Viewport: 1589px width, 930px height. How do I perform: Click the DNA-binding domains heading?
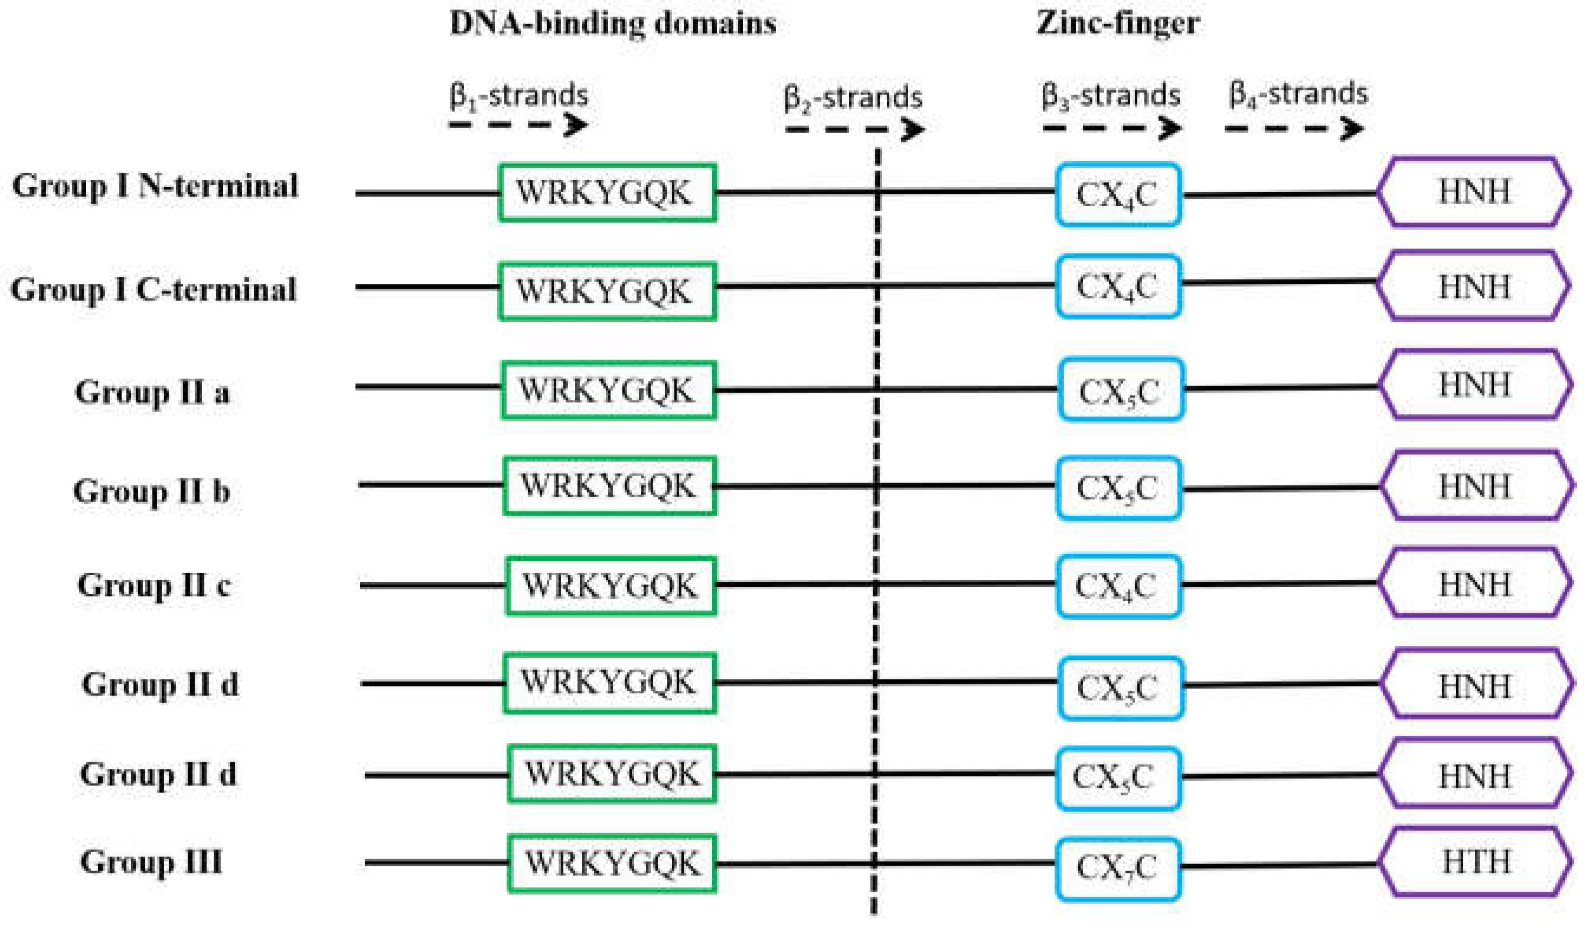click(x=612, y=24)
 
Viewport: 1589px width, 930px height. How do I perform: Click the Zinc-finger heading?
click(x=1117, y=24)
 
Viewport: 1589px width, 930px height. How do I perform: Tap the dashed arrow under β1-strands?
click(x=518, y=125)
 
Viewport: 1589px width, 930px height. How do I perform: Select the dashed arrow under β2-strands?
click(x=854, y=129)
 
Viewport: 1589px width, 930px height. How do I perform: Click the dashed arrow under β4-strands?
click(x=1294, y=129)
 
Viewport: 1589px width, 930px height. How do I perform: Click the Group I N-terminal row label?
click(x=155, y=187)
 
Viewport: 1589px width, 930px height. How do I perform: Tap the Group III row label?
click(x=151, y=862)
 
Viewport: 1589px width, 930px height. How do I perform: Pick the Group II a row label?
click(x=152, y=392)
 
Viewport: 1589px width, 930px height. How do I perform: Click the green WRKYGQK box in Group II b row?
click(x=609, y=486)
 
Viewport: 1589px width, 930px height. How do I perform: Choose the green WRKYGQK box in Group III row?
click(x=612, y=863)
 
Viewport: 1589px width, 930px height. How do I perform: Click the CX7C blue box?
click(x=1117, y=868)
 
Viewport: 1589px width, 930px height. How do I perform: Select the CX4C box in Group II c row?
click(x=1117, y=586)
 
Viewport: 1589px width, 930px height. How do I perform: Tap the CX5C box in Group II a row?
click(x=1120, y=390)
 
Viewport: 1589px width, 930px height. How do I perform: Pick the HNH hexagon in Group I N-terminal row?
click(x=1473, y=192)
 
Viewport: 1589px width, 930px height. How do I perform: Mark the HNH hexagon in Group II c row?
click(x=1473, y=583)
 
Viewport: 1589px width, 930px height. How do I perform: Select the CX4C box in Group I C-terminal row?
click(x=1117, y=286)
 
